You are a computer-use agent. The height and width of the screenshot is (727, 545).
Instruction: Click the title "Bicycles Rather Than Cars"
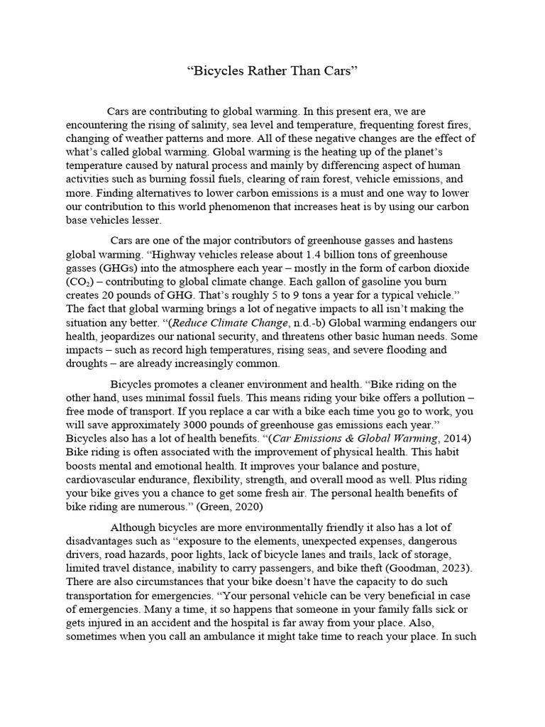tap(272, 72)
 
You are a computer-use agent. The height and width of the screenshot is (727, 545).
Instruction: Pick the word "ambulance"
tap(224, 638)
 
